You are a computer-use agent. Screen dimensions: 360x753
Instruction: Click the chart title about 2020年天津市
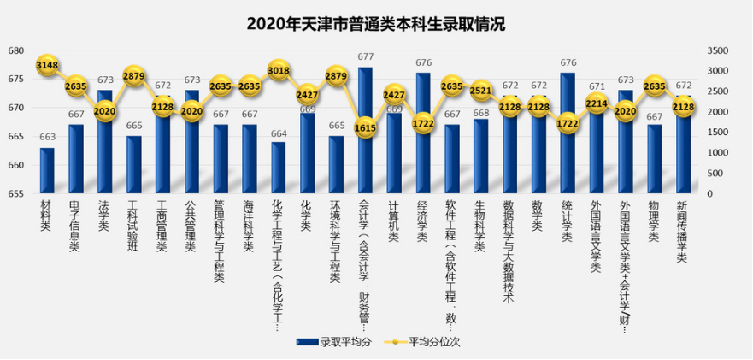coord(376,24)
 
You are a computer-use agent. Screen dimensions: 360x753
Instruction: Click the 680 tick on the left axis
coord(17,50)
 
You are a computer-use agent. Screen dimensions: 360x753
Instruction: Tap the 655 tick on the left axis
coord(17,194)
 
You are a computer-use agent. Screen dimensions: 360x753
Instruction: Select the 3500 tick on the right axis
coord(718,50)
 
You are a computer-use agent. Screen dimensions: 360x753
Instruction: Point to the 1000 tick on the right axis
coord(718,153)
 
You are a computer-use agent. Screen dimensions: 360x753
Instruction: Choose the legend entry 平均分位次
coord(427,342)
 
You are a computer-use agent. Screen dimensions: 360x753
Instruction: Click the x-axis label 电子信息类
coord(75,227)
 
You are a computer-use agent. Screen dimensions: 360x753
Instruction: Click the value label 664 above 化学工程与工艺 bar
coord(279,133)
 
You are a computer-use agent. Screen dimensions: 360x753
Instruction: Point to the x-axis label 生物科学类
coord(480,227)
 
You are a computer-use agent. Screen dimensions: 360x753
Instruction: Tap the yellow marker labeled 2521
coord(481,91)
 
